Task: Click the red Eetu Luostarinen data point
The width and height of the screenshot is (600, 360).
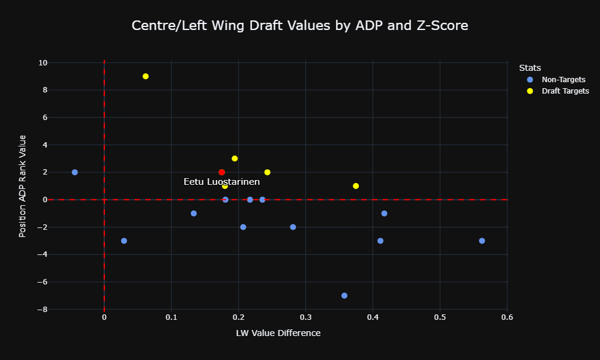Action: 221,172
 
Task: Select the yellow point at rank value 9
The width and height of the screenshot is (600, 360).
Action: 145,76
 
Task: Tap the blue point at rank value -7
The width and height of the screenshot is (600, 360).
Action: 344,296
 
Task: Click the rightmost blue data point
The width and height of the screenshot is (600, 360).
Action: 482,241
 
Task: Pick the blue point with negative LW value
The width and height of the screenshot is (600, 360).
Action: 74,172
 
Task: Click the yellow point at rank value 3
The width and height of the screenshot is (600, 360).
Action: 235,158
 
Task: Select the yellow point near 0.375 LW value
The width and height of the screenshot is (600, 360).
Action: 356,186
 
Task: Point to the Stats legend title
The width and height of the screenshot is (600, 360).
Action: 530,68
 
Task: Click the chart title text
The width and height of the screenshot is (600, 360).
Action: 300,25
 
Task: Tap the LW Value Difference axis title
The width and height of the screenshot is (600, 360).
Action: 278,333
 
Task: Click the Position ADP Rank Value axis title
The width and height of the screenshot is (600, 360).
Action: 22,186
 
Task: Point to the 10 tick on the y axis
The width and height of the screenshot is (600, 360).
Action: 43,63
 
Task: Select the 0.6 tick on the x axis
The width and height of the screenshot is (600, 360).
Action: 507,317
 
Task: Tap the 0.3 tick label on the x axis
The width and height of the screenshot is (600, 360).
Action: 305,317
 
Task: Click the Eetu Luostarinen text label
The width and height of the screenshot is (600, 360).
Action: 221,182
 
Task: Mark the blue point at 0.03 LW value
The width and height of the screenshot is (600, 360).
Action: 124,241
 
